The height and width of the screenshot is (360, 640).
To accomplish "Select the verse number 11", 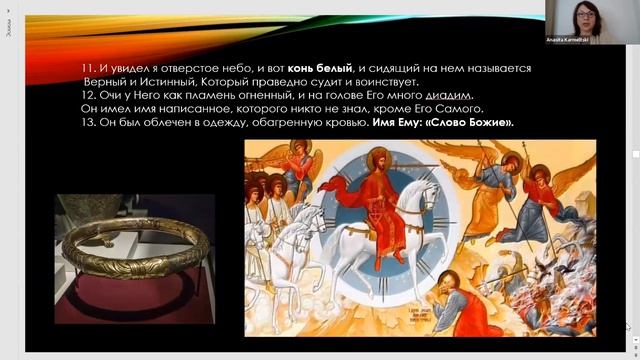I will point(87,68).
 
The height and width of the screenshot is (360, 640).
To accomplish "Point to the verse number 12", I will point(87,95).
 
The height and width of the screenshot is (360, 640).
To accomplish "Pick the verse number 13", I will point(87,122).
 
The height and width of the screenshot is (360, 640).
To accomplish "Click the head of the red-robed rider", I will point(379,158).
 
